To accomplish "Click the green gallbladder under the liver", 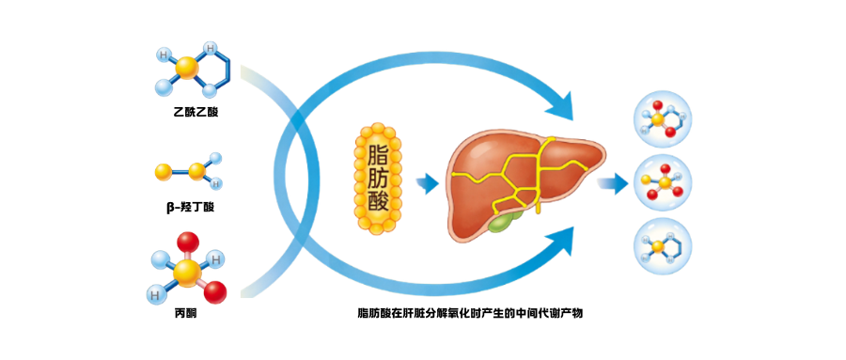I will coord(506,221).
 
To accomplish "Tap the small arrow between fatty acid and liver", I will coord(428,182).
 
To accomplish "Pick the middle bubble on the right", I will coord(664,182).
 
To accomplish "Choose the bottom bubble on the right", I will coord(664,246).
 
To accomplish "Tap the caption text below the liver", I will coord(470,312).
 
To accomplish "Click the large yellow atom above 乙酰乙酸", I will coord(188,69).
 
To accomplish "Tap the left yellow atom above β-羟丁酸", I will coord(164,172).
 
